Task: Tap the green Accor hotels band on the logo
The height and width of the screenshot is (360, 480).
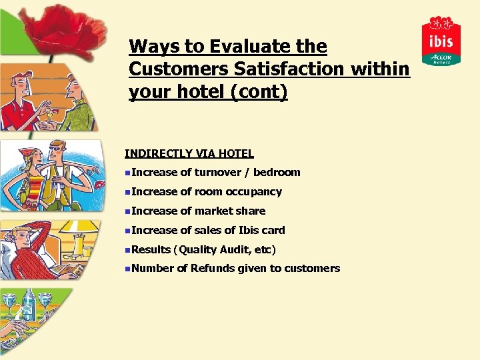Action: click(x=441, y=58)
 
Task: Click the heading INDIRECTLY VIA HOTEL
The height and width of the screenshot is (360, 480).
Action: click(x=189, y=153)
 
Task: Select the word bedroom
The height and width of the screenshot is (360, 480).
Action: click(x=277, y=173)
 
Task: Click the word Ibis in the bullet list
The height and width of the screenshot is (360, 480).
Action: click(x=249, y=231)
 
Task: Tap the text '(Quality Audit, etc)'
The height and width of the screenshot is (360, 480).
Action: click(x=224, y=250)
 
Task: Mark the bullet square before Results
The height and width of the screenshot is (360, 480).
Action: click(x=127, y=250)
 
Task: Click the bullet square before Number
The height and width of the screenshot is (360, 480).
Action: click(x=127, y=269)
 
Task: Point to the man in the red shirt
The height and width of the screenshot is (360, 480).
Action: click(x=20, y=100)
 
